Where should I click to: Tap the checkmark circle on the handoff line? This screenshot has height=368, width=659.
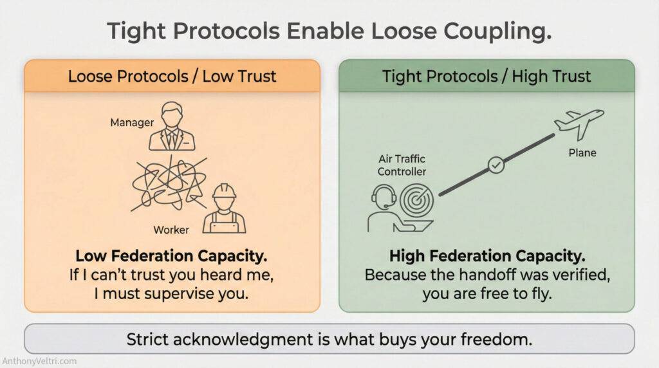(x=496, y=165)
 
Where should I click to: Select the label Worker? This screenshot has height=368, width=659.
(x=171, y=230)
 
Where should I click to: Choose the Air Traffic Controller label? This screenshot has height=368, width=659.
(x=402, y=165)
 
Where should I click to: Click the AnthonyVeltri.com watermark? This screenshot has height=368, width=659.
(x=41, y=361)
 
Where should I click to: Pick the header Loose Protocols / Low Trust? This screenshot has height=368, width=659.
(x=172, y=77)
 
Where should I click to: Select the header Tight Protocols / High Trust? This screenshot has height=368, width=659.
(x=487, y=77)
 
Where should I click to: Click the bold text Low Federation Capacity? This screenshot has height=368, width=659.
(x=171, y=256)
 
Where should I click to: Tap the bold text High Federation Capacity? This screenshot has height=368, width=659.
(x=487, y=256)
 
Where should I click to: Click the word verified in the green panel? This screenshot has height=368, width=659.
(x=574, y=275)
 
